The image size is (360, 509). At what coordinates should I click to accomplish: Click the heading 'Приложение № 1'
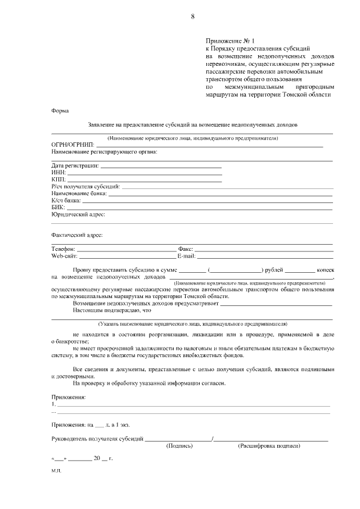pos(230,41)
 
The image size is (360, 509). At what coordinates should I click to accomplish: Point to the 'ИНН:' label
pos(58,172)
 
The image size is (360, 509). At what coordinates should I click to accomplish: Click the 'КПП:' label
pos(58,179)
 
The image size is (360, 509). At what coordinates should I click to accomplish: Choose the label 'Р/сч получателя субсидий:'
pos(85,186)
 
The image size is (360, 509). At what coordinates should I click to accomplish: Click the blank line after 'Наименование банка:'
pos(220,193)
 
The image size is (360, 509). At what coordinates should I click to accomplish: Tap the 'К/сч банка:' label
pos(66,200)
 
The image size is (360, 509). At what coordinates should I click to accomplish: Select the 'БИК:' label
pos(58,207)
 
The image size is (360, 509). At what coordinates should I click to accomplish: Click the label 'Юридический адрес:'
pos(78,214)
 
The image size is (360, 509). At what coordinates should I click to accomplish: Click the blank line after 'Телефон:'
pos(127,249)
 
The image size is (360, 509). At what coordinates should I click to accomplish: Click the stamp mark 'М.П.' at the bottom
pos(56,472)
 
